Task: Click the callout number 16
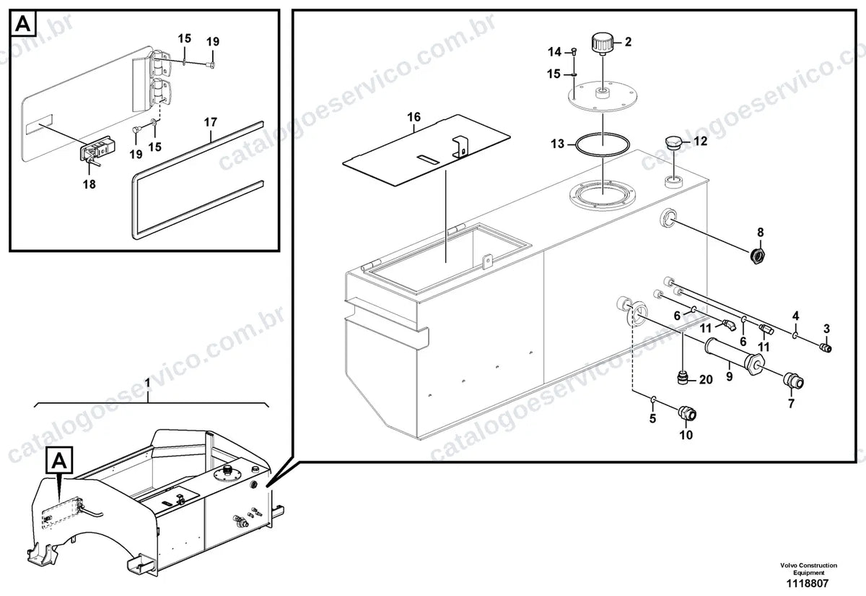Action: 414,117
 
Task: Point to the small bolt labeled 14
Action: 574,51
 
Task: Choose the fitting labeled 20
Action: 683,377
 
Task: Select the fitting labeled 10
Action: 688,413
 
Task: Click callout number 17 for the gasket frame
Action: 211,122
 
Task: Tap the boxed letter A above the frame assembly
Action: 59,461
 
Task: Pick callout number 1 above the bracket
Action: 147,383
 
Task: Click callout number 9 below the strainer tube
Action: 730,376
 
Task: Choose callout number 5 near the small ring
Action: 653,418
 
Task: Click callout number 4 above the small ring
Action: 795,316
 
